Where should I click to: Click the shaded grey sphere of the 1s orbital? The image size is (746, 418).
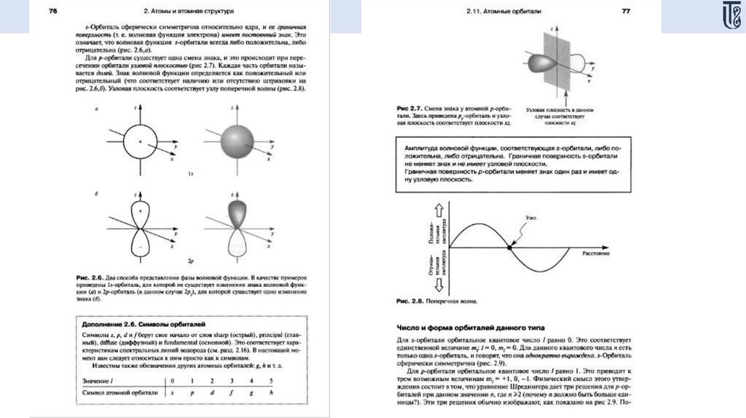coord(232,141)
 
